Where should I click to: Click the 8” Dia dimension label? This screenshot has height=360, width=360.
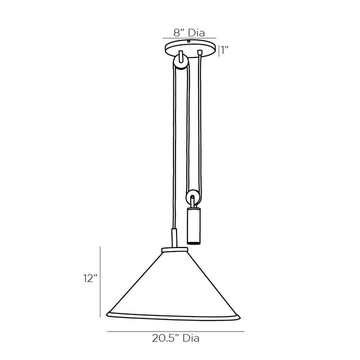(189, 33)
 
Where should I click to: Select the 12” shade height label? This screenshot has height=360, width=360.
(90, 278)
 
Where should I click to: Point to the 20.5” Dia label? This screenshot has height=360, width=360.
(175, 338)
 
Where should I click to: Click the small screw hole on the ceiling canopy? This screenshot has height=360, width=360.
(188, 41)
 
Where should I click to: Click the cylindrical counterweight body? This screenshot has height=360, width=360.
(193, 225)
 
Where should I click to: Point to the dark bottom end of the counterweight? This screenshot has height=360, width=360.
(193, 242)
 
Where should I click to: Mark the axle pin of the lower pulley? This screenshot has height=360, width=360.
(192, 197)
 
